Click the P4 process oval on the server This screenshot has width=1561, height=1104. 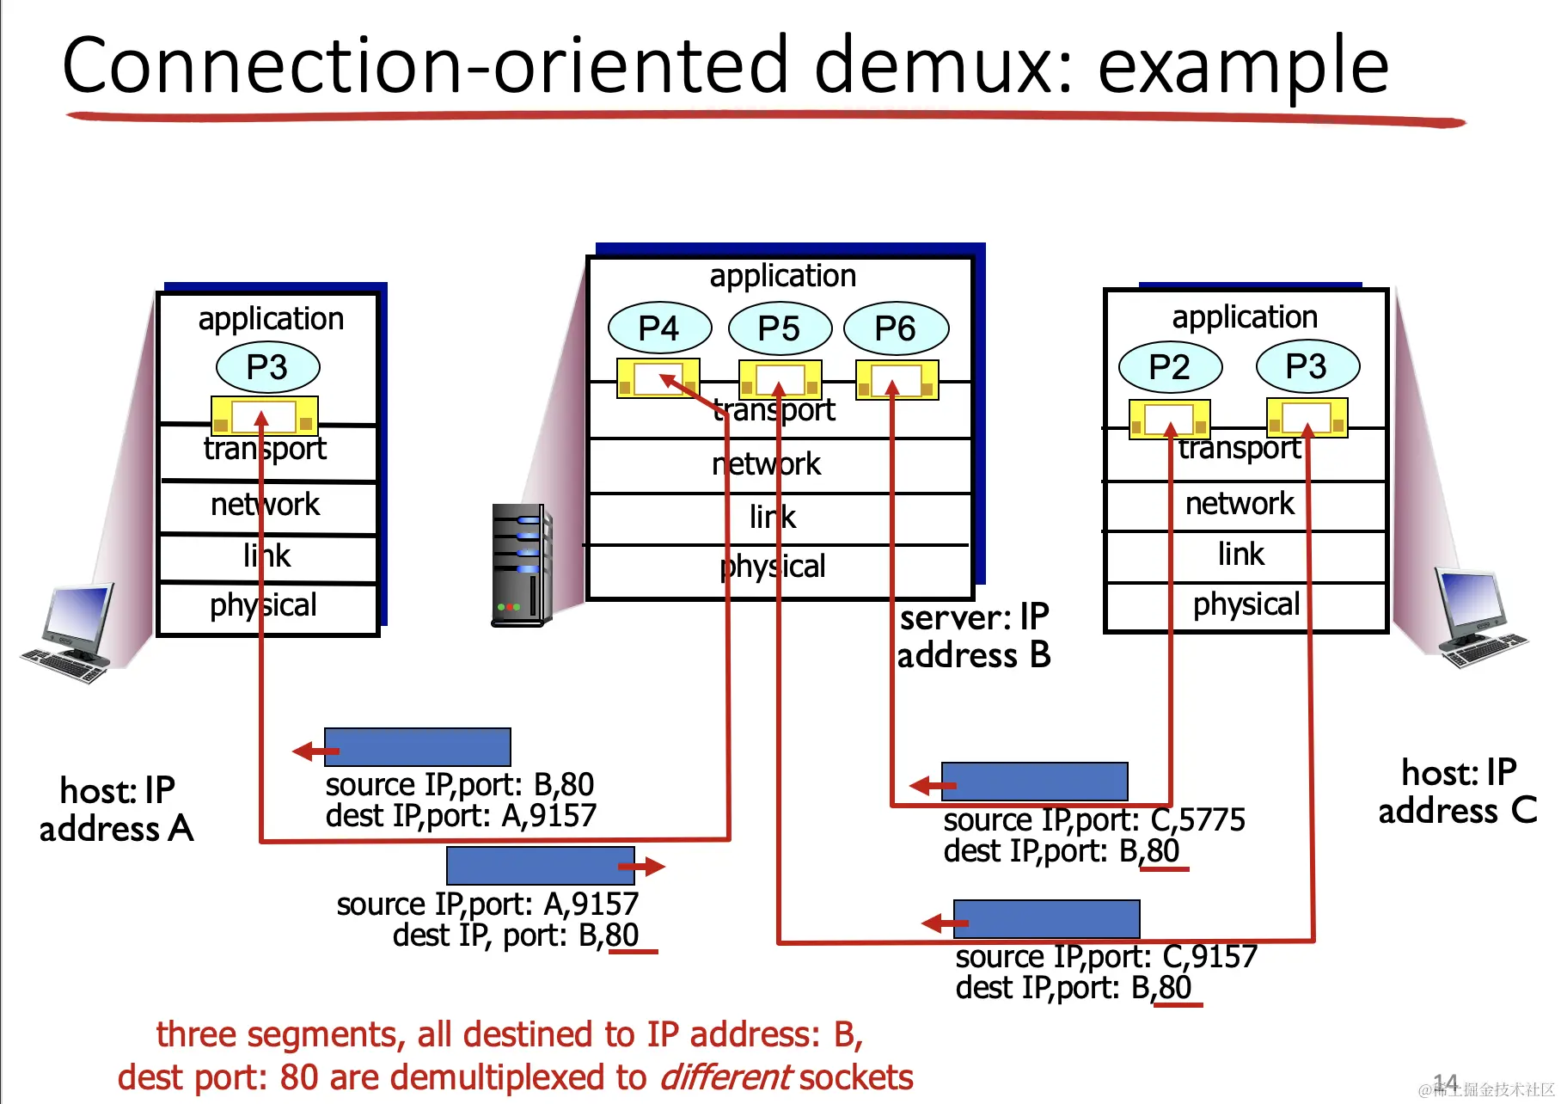click(x=659, y=328)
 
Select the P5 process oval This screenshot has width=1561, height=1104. click(x=780, y=328)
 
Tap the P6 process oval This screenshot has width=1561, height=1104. click(x=896, y=328)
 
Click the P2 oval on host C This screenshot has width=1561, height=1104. click(x=1170, y=366)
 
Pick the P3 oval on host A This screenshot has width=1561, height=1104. click(x=267, y=366)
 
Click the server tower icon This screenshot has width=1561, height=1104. click(x=520, y=564)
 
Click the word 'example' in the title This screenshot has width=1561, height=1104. click(x=1243, y=67)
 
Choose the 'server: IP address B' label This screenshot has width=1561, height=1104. click(x=974, y=636)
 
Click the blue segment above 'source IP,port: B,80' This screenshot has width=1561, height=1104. click(x=418, y=746)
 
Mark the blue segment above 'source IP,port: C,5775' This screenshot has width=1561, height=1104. click(x=1035, y=781)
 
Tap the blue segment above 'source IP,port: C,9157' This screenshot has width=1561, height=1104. click(x=1047, y=918)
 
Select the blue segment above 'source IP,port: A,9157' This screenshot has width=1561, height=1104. click(x=540, y=865)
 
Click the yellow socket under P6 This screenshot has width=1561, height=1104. click(x=897, y=379)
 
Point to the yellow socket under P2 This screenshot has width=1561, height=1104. click(x=1169, y=419)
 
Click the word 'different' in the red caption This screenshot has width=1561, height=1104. click(x=725, y=1077)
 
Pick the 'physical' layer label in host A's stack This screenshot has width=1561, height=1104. click(x=263, y=605)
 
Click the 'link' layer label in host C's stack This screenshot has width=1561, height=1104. click(x=1241, y=554)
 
